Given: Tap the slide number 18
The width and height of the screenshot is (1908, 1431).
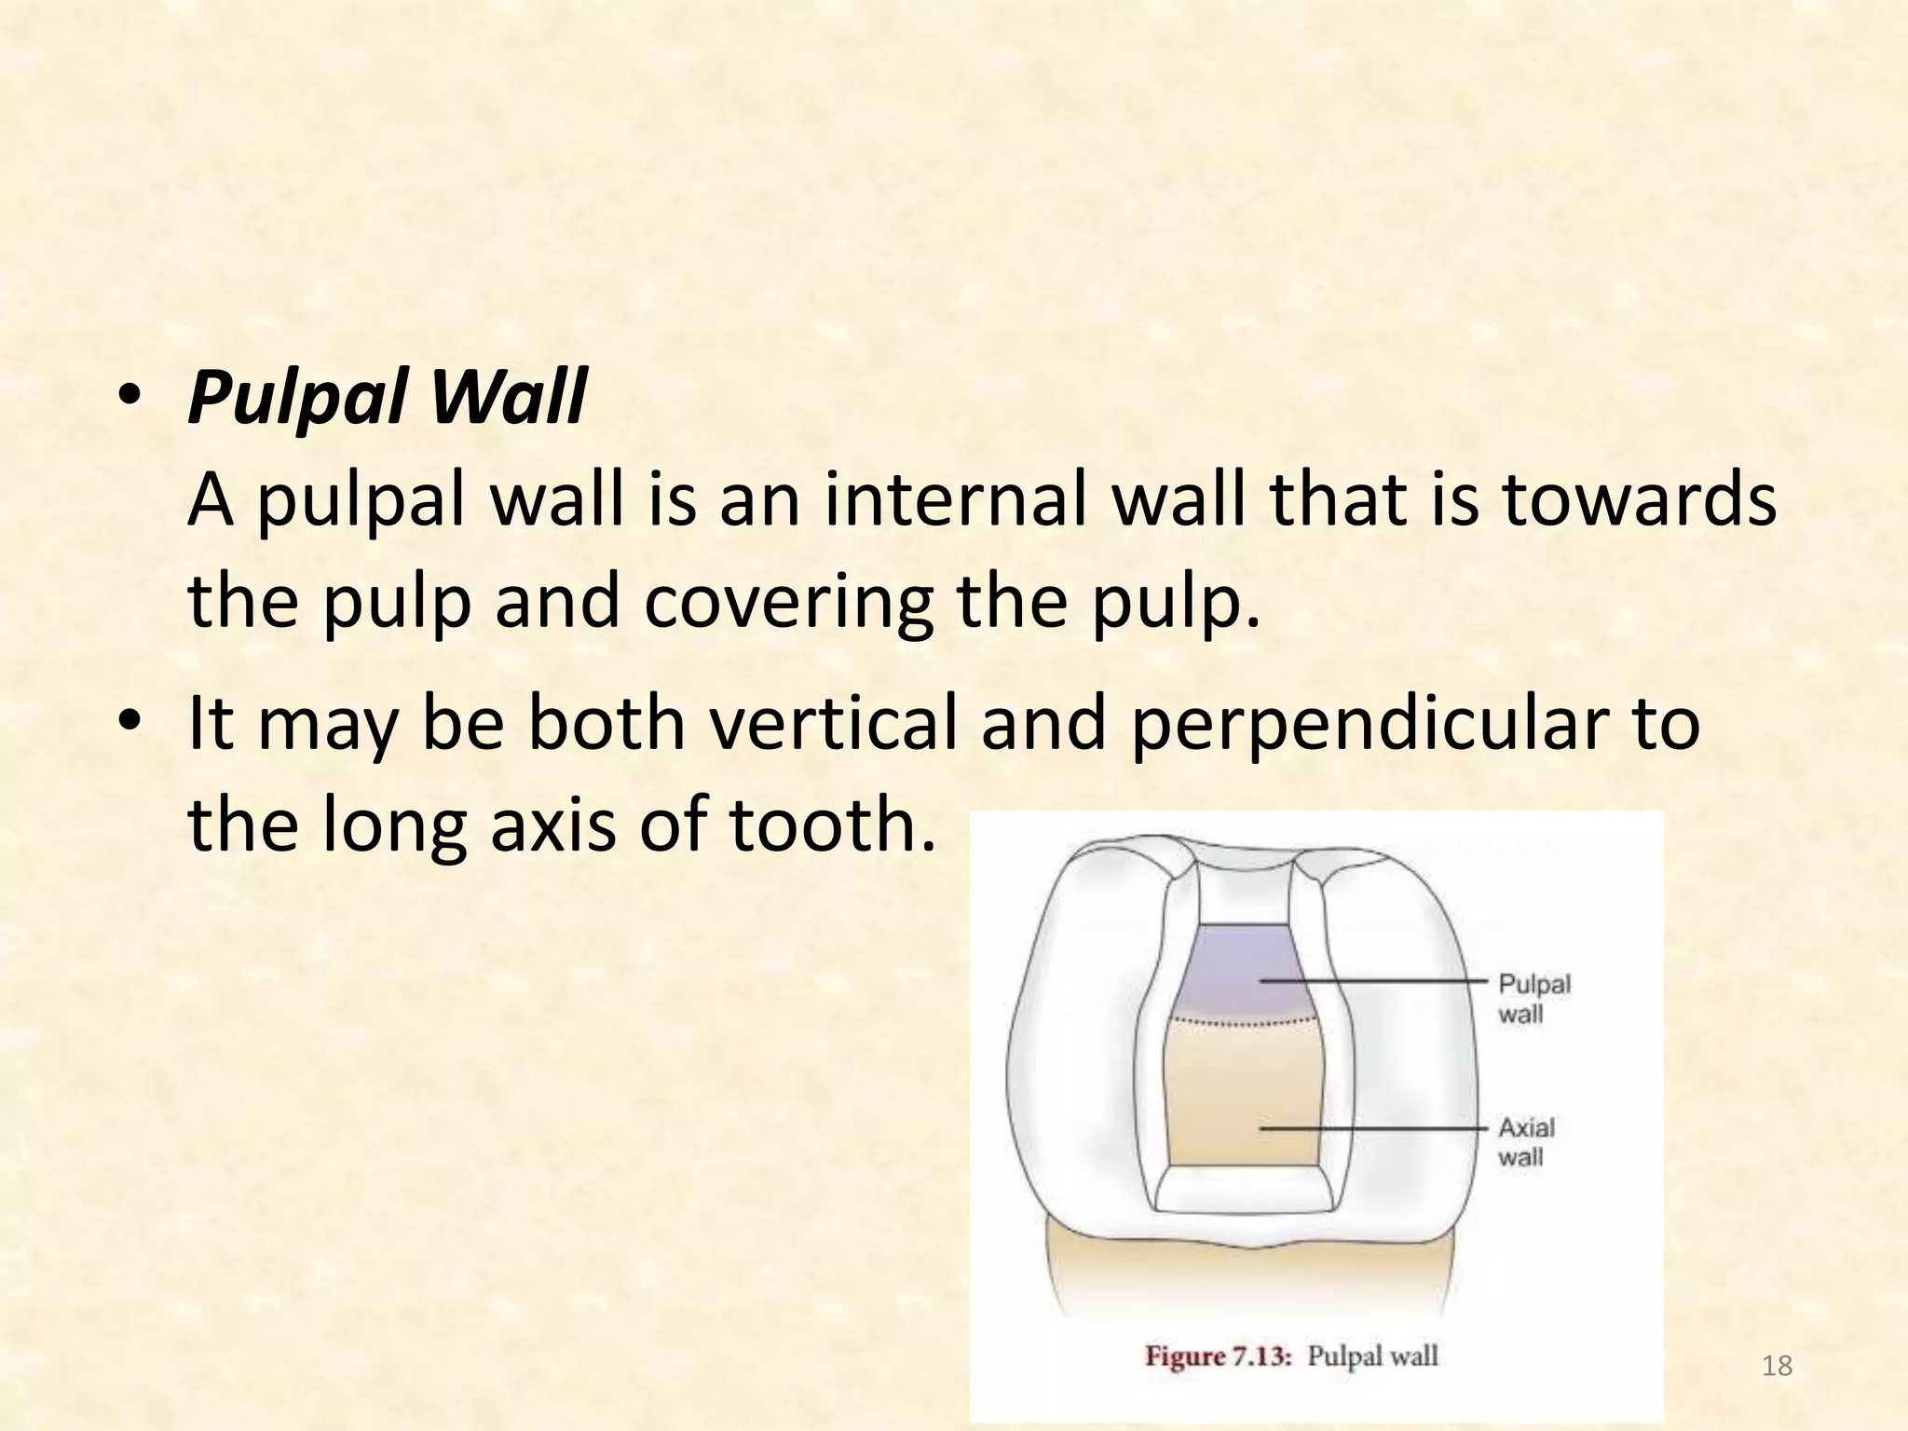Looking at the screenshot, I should click(x=1778, y=1367).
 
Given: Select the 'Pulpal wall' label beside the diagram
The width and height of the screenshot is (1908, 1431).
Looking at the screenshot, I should click(x=1533, y=998).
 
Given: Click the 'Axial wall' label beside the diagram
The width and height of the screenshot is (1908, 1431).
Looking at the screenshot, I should click(x=1526, y=1142).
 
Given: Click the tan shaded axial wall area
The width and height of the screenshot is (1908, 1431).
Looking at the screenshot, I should click(x=1244, y=1099).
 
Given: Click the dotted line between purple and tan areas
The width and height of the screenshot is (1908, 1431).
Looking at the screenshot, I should click(x=1244, y=1023).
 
